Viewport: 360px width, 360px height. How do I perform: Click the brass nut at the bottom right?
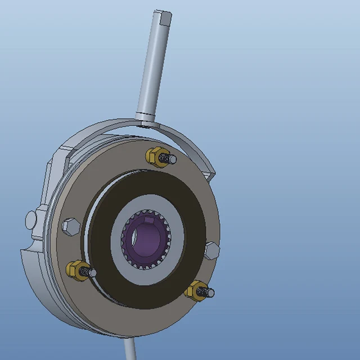(195, 290)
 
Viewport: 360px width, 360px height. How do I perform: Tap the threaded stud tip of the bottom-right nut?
(210, 293)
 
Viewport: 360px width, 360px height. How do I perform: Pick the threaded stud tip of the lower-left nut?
(90, 273)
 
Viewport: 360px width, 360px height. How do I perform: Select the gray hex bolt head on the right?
(211, 251)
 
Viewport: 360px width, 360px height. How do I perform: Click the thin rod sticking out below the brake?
(130, 349)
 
